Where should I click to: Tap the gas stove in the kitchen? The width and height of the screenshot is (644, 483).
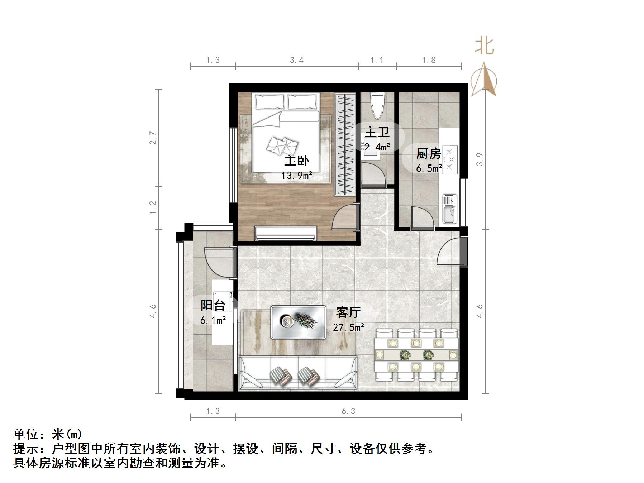point(450,159)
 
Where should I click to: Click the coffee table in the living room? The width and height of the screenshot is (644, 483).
point(298,322)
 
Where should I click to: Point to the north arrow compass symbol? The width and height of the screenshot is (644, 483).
point(484,81)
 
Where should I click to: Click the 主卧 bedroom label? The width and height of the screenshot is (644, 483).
point(296,161)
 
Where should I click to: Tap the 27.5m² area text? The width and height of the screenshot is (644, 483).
point(348,327)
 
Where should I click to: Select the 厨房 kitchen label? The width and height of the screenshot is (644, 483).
point(428,154)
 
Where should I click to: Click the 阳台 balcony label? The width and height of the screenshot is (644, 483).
point(213,305)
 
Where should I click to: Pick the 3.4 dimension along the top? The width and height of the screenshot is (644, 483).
point(297,60)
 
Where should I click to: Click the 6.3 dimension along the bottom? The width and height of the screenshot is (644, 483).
point(348,411)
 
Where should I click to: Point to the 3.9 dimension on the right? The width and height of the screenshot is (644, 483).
point(480,159)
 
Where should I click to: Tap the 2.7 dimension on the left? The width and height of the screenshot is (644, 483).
point(153,138)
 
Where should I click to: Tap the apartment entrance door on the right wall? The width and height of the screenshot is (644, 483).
point(452,252)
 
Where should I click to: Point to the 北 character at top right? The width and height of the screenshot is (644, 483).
point(485,47)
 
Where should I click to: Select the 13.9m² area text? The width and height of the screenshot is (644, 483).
point(296,176)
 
